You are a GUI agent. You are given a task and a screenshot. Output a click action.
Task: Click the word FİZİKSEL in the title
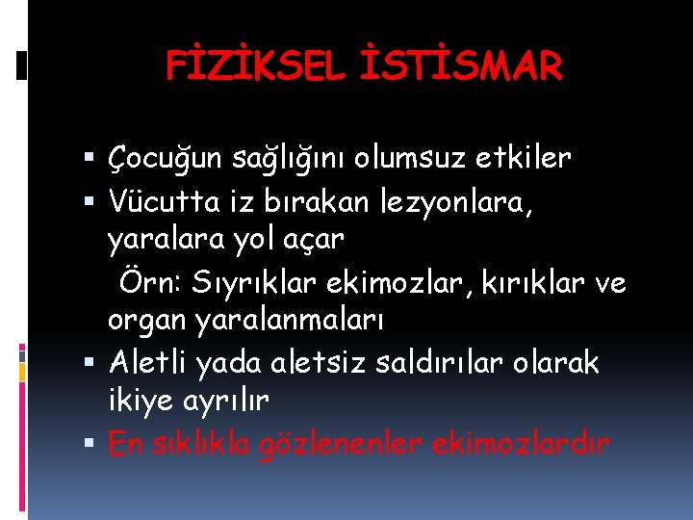[248, 66]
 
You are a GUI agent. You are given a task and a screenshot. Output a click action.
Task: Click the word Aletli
[149, 362]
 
